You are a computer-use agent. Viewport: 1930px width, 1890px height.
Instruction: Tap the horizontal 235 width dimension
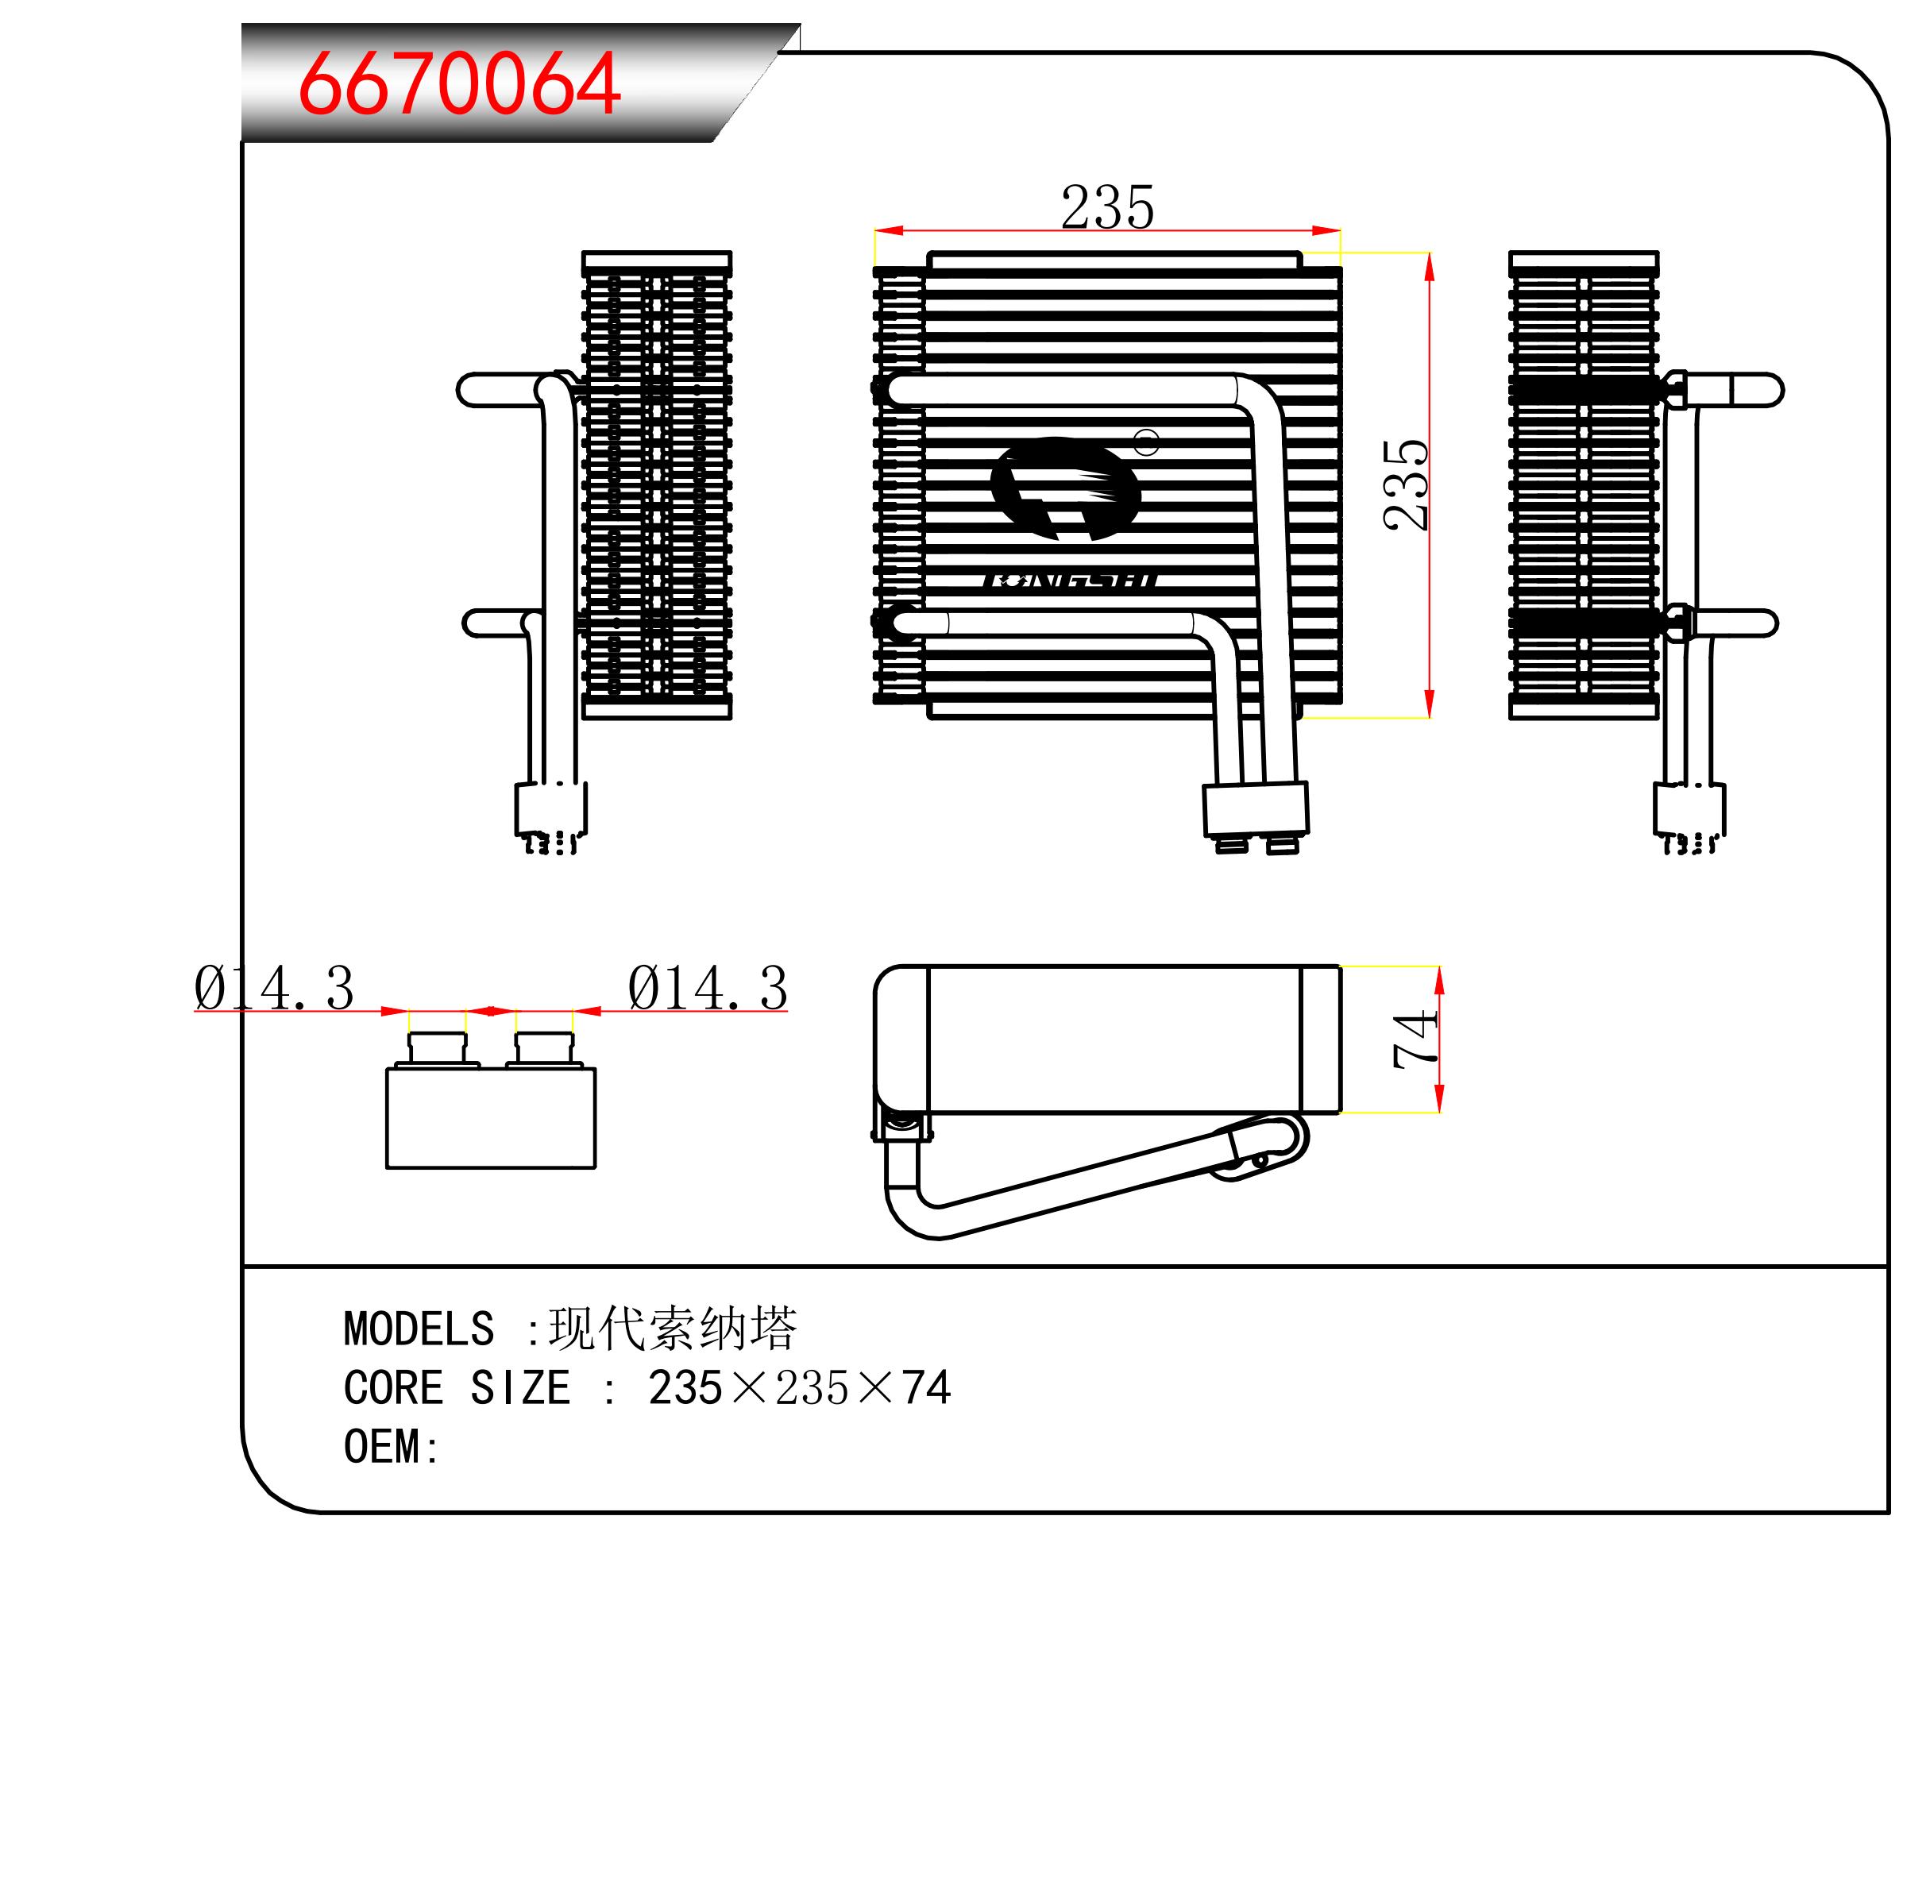(1107, 207)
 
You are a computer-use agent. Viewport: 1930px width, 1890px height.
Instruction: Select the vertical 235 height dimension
(1407, 484)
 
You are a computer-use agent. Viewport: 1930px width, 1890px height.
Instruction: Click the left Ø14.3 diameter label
(274, 989)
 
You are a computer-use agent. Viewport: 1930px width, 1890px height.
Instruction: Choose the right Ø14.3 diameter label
(707, 989)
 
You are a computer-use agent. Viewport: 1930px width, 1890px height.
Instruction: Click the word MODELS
(418, 1329)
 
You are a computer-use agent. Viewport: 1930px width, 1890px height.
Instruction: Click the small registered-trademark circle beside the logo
(1147, 442)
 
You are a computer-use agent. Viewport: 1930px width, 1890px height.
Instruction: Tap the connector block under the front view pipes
(1256, 809)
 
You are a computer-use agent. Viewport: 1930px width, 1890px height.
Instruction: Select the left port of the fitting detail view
(437, 1049)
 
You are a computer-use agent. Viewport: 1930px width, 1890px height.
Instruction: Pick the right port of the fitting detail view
(544, 1049)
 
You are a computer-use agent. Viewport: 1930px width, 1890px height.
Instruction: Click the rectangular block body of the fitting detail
(491, 1119)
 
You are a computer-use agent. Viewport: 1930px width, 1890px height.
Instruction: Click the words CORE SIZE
(457, 1388)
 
